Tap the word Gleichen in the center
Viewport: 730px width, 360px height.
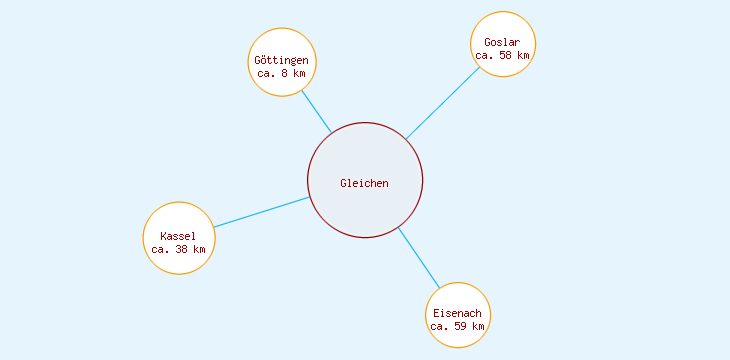coord(365,183)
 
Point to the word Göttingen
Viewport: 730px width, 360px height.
coord(282,61)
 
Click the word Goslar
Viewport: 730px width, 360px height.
coord(503,42)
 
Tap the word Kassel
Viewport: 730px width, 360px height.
coord(178,236)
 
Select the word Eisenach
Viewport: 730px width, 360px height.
coord(458,313)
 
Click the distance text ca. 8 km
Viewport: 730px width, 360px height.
coord(282,74)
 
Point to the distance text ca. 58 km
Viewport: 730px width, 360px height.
coord(503,55)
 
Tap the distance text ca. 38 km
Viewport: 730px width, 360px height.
coord(178,249)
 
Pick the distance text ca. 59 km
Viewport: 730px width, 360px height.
coord(458,326)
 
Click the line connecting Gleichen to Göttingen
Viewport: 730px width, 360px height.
coord(316,111)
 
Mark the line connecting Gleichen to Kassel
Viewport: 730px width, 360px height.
coord(262,212)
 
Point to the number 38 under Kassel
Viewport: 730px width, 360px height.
coord(181,249)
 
